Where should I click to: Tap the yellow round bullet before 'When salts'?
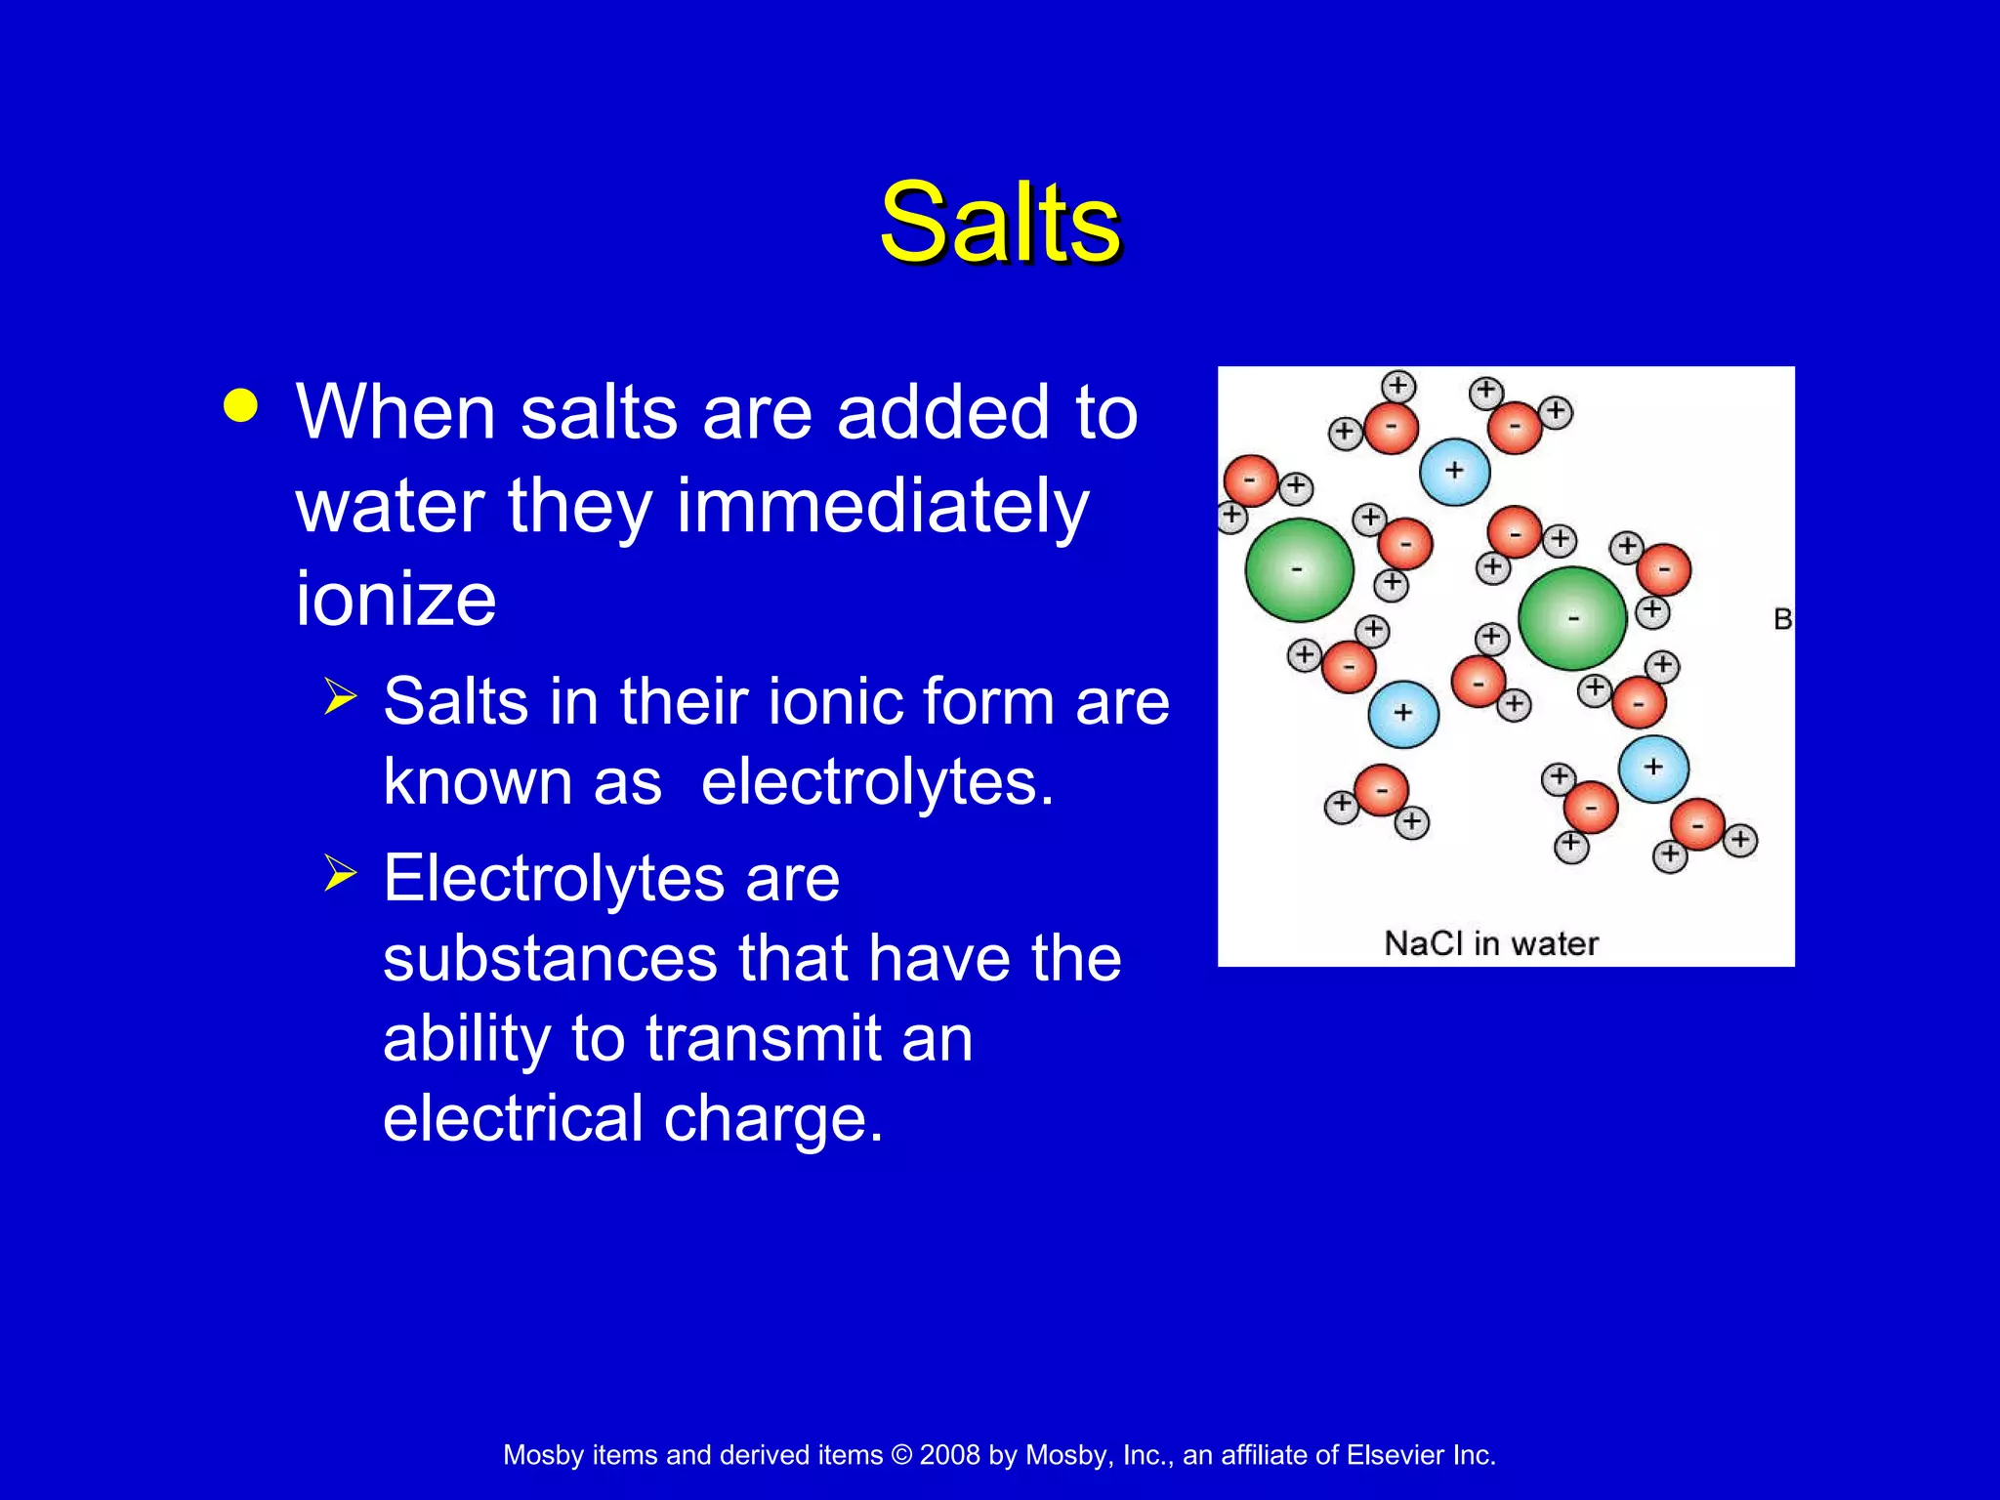(x=240, y=405)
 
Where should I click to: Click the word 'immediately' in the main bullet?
(x=882, y=508)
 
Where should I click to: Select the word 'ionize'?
(x=396, y=598)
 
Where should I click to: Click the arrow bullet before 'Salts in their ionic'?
(x=340, y=697)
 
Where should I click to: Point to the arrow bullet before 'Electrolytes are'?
(x=340, y=872)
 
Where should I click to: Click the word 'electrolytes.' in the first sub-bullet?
(x=877, y=782)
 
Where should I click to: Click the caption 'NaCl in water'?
(x=1491, y=943)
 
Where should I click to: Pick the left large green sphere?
(x=1299, y=570)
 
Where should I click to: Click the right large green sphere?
(x=1572, y=618)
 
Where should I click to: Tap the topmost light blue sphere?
(x=1454, y=472)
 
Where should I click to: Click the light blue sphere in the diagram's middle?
(x=1403, y=714)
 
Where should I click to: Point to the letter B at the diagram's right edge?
(x=1782, y=619)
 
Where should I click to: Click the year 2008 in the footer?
(x=949, y=1455)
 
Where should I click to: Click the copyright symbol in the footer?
(x=901, y=1455)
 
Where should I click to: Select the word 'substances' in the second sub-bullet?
(x=550, y=958)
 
